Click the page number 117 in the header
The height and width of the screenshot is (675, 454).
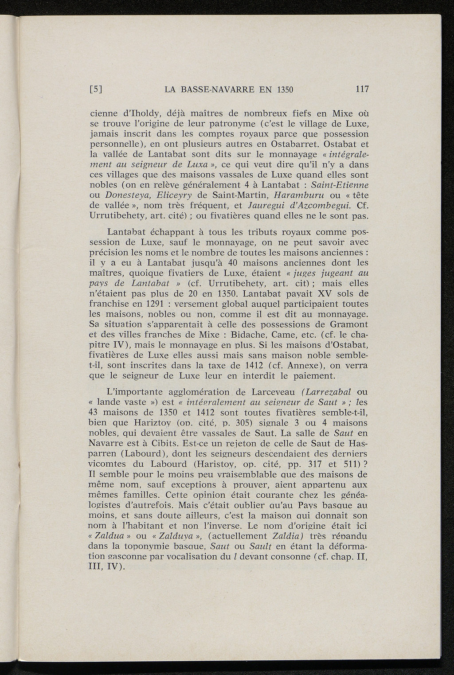coord(362,89)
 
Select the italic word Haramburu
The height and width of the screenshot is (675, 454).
coord(300,195)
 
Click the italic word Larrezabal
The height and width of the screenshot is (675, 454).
coord(328,392)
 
